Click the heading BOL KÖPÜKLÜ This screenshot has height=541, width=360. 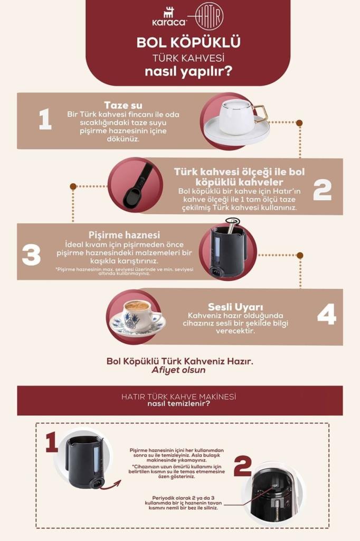tap(188, 43)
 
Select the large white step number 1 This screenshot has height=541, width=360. tap(45, 119)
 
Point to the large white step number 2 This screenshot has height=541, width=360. tap(322, 189)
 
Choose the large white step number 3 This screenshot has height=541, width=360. tap(31, 255)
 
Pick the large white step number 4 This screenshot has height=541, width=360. tap(326, 315)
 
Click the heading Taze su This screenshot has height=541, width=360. tap(123, 105)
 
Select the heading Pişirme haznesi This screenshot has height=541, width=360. tap(125, 235)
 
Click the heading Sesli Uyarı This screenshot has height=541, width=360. tap(228, 306)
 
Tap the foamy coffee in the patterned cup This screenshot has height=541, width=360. tap(137, 306)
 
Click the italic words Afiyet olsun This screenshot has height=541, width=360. tap(178, 370)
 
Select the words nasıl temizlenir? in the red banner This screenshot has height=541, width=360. tap(179, 405)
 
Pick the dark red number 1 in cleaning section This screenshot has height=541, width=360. tap(51, 442)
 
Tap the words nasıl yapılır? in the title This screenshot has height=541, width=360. tap(188, 71)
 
